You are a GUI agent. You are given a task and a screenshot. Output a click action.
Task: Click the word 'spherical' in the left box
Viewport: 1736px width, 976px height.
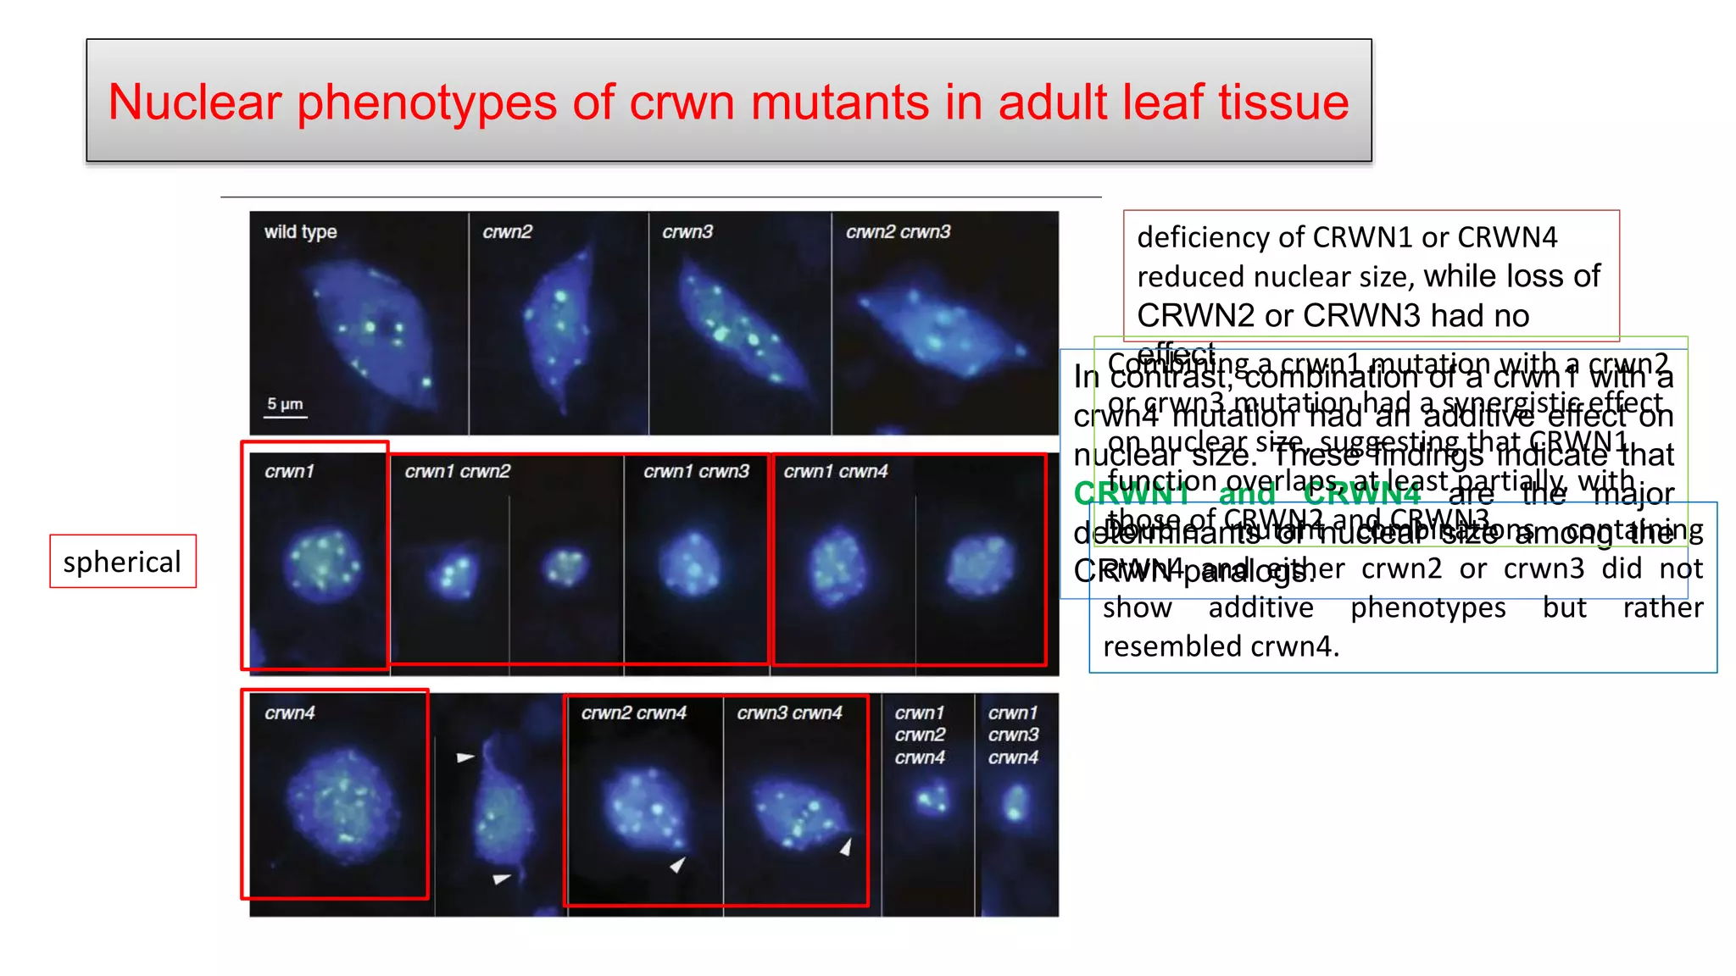122,562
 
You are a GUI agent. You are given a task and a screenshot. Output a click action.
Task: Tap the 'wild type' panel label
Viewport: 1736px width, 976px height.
300,231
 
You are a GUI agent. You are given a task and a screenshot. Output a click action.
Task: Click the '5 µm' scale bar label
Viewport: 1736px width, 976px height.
285,403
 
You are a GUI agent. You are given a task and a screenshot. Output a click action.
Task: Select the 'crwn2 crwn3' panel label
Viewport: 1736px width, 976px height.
898,231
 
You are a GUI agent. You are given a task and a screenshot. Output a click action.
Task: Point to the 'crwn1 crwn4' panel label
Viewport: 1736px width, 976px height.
835,471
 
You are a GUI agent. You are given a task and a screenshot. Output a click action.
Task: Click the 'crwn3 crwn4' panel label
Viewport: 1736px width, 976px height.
789,713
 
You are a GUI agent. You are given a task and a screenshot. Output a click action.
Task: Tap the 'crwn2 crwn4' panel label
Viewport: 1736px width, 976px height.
633,713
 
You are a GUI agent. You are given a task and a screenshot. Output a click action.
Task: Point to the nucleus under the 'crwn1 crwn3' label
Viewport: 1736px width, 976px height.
692,563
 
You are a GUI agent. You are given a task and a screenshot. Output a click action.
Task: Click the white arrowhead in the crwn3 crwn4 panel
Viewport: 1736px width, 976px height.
845,846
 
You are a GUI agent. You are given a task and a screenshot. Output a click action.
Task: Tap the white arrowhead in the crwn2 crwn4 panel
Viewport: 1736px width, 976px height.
677,864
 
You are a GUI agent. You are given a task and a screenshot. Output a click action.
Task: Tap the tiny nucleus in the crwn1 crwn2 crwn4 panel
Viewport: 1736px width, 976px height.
932,797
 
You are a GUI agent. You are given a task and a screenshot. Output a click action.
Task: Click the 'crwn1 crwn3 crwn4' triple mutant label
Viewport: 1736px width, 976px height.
1013,735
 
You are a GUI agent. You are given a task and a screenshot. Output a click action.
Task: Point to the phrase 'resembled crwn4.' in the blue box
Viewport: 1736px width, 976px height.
1221,646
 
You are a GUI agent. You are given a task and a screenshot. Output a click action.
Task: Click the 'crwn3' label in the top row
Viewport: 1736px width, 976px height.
687,231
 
